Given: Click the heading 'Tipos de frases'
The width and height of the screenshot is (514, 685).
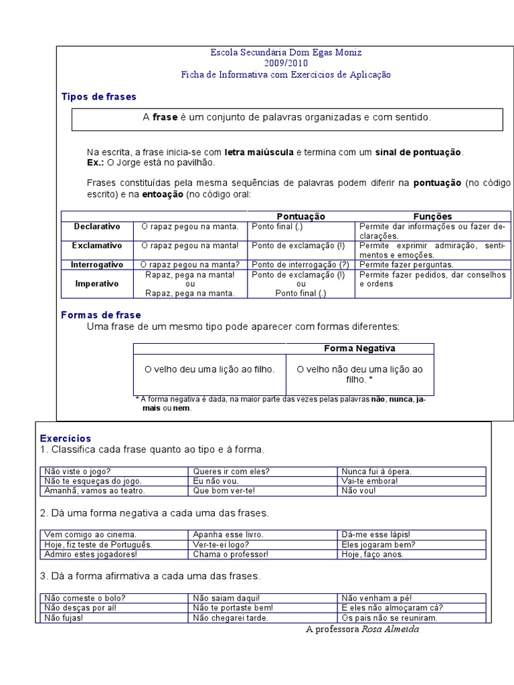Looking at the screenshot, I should pos(98,97).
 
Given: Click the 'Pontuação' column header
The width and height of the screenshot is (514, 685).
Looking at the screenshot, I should pos(301,217).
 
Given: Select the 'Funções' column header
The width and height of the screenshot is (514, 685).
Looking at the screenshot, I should pos(432,217).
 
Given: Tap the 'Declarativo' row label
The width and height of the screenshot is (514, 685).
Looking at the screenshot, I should pos(97,227).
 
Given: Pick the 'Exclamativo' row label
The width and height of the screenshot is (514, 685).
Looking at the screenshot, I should pos(97,246).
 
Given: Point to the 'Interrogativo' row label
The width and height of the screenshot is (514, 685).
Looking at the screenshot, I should pos(97,265).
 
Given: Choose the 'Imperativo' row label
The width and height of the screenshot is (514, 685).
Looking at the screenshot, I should pos(97,284).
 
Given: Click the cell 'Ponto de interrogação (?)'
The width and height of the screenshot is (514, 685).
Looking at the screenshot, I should pos(301,265).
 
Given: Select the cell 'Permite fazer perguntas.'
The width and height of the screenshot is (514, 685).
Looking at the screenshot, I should pos(406,265).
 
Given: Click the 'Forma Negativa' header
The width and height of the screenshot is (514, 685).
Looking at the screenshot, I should pos(359,349).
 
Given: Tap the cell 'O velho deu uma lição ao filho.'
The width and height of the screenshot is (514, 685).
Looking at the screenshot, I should pos(209,369).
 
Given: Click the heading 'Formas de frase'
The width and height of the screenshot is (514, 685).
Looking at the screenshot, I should pos(101,314).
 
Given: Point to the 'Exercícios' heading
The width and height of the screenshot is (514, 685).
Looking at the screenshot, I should pos(66,438).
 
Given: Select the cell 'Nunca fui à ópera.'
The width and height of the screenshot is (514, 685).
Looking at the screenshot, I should pos(376,472).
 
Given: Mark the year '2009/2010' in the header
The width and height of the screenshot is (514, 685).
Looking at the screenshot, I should pos(286,64).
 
